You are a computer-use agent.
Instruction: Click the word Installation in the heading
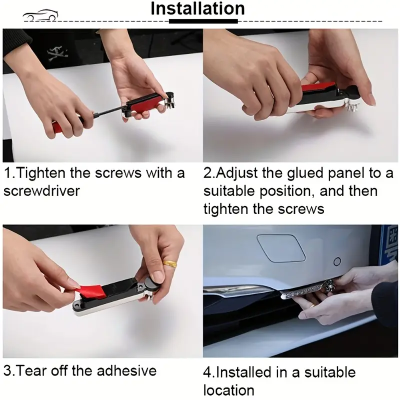pos(197,8)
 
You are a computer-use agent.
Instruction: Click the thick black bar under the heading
pos(203,21)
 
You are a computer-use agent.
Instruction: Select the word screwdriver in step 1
pos(41,190)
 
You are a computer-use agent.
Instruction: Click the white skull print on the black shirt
pos(57,53)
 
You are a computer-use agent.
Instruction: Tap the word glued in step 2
pos(305,173)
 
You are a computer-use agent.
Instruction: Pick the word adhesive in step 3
pos(126,370)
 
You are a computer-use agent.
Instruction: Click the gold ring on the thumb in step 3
pos(170,264)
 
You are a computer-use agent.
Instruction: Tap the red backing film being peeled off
pos(90,291)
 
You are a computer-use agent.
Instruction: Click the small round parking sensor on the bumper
pos(337,261)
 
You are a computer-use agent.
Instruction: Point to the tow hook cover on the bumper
pos(281,248)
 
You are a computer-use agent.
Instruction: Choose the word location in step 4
pos(229,390)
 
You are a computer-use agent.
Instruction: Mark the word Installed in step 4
pos(243,372)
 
